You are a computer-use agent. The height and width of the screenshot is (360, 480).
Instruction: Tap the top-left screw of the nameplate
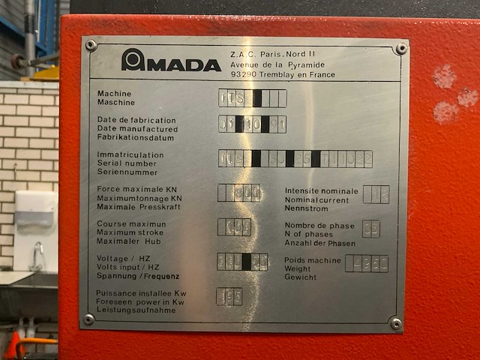(x=91, y=45)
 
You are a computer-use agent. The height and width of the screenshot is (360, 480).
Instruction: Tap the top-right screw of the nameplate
(x=401, y=49)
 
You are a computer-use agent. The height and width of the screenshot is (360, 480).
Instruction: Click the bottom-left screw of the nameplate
(x=88, y=319)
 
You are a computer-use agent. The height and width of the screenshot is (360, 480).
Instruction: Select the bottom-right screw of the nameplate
(x=395, y=323)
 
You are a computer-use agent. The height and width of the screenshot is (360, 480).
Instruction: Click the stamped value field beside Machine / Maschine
(x=252, y=98)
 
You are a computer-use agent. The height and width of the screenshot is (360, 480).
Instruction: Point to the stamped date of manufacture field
(x=252, y=124)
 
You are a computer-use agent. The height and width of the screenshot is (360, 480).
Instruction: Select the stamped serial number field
(x=295, y=158)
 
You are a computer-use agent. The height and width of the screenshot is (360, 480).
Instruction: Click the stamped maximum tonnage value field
(x=239, y=193)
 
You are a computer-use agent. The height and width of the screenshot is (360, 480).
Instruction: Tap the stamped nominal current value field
(x=376, y=194)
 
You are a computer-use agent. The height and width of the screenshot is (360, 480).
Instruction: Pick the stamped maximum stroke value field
(x=234, y=226)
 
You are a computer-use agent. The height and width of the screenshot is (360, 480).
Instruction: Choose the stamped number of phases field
(x=370, y=229)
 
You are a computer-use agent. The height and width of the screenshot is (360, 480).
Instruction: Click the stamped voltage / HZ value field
(x=242, y=261)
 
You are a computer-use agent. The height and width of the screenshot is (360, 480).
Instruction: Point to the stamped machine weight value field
(x=366, y=263)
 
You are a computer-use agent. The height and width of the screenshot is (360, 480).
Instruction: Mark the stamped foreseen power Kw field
(x=229, y=296)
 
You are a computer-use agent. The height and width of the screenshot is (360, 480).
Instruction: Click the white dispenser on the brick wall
(x=36, y=221)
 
